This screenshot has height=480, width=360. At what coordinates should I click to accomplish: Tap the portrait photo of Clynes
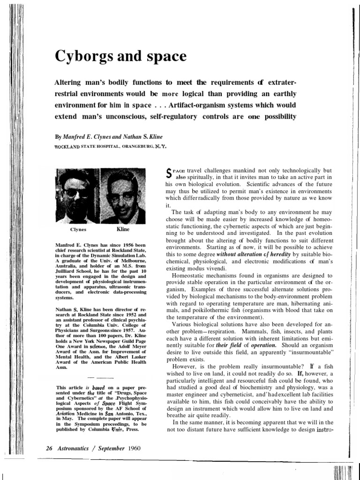pyautogui.click(x=78, y=196)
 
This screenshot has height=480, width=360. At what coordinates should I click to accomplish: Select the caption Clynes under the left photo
pyautogui.click(x=78, y=231)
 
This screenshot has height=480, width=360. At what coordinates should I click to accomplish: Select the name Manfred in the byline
pyautogui.click(x=76, y=137)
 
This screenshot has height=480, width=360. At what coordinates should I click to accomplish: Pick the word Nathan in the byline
pyautogui.click(x=123, y=137)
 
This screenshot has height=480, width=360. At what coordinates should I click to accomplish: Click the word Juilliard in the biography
pyautogui.click(x=69, y=271)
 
